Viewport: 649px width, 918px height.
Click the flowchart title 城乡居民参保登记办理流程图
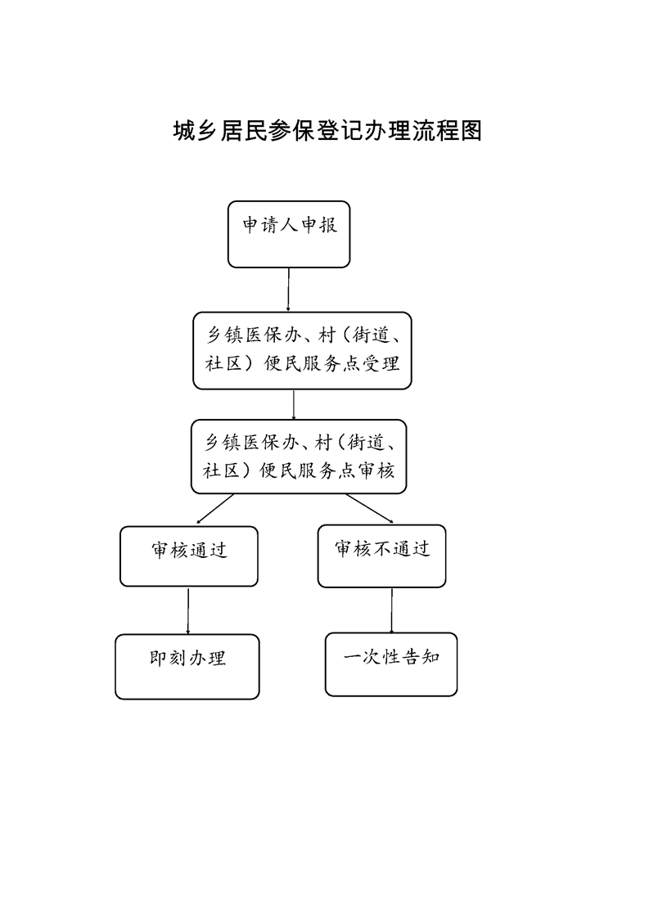point(327,131)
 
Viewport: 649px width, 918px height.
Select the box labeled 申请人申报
point(289,234)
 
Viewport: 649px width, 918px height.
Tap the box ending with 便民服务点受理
point(302,351)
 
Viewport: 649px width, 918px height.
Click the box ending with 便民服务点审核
point(299,457)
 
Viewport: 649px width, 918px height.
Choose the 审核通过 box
point(188,556)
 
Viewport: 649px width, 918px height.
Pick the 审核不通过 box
point(382,556)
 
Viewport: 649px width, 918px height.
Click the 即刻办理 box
point(187,666)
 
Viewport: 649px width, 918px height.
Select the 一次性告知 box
point(391,664)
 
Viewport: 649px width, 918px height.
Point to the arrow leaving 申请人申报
point(289,290)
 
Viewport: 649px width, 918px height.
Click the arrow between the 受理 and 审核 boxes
point(294,404)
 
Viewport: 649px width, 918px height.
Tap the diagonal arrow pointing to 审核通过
point(215,508)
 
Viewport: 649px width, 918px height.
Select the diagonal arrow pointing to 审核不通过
point(369,508)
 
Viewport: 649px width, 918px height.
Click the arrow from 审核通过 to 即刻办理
point(188,610)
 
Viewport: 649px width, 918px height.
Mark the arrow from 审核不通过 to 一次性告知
point(392,610)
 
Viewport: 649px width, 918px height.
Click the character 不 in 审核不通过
point(382,548)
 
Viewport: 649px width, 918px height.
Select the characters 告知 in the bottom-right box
point(421,657)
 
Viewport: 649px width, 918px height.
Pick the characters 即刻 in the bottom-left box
point(168,659)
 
